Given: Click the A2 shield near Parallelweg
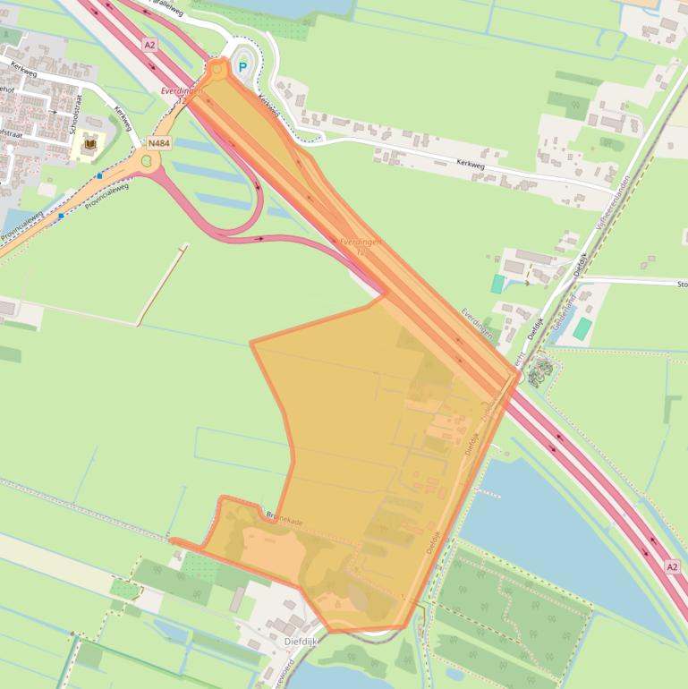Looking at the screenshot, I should [149, 43].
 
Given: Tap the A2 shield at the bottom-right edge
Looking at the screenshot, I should [672, 567].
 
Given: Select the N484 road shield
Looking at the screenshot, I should [159, 142].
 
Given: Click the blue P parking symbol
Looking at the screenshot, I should [242, 67].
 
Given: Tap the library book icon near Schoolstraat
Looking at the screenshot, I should [90, 142].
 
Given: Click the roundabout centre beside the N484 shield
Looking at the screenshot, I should [147, 161].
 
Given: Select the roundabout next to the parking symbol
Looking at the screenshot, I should [217, 68].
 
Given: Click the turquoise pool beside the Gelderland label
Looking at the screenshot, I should [582, 328].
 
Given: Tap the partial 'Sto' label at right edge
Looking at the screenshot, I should [682, 285].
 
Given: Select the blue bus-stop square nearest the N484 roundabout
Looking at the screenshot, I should [99, 176].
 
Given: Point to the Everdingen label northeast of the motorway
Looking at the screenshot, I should [477, 323].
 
